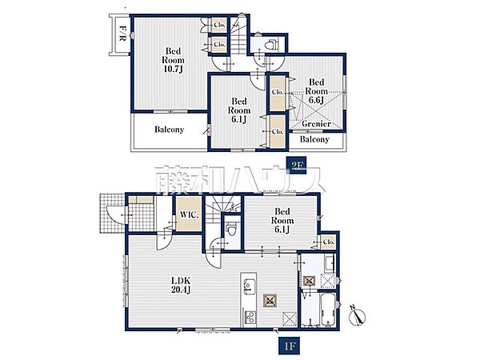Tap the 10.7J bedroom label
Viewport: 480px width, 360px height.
click(173, 60)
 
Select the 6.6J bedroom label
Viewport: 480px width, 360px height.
click(316, 91)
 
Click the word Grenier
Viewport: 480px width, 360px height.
click(316, 124)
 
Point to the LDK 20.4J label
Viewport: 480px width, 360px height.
click(181, 285)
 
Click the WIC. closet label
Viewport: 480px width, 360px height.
click(189, 214)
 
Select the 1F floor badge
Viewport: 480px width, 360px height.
click(289, 346)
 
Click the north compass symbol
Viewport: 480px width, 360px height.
click(358, 316)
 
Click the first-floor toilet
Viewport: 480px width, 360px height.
click(230, 228)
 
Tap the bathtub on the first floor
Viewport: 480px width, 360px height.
click(328, 310)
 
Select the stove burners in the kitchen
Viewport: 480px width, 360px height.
click(250, 318)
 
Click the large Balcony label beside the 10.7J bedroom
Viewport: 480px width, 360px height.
click(169, 130)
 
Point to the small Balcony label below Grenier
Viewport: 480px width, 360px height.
click(314, 139)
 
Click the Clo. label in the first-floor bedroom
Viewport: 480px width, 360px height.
click(329, 242)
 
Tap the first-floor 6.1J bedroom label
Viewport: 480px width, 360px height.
click(282, 221)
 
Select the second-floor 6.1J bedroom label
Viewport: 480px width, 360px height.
click(238, 110)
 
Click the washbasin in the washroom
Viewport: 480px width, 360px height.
click(330, 263)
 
